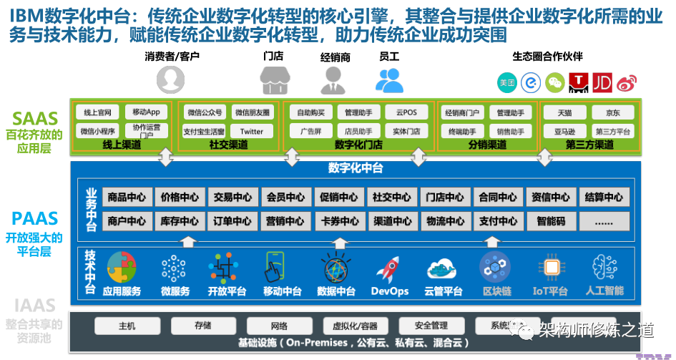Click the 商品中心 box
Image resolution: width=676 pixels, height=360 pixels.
click(128, 197)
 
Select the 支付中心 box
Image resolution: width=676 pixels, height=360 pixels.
click(498, 221)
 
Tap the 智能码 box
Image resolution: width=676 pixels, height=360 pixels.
click(551, 221)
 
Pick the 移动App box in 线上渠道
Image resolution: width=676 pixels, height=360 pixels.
click(146, 112)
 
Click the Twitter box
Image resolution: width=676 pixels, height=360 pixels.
click(252, 131)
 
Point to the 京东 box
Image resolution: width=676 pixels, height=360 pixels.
click(612, 112)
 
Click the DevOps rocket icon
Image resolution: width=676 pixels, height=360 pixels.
click(389, 269)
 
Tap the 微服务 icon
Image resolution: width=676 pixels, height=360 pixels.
click(175, 269)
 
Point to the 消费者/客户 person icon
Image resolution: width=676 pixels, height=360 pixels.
click(171, 79)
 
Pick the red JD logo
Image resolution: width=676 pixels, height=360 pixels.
click(602, 83)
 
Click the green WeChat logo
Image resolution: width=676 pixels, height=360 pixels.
click(555, 83)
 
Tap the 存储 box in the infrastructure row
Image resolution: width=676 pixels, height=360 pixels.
click(202, 325)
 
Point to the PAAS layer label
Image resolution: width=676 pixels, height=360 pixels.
click(33, 218)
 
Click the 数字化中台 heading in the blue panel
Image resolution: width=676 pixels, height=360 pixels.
click(356, 168)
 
